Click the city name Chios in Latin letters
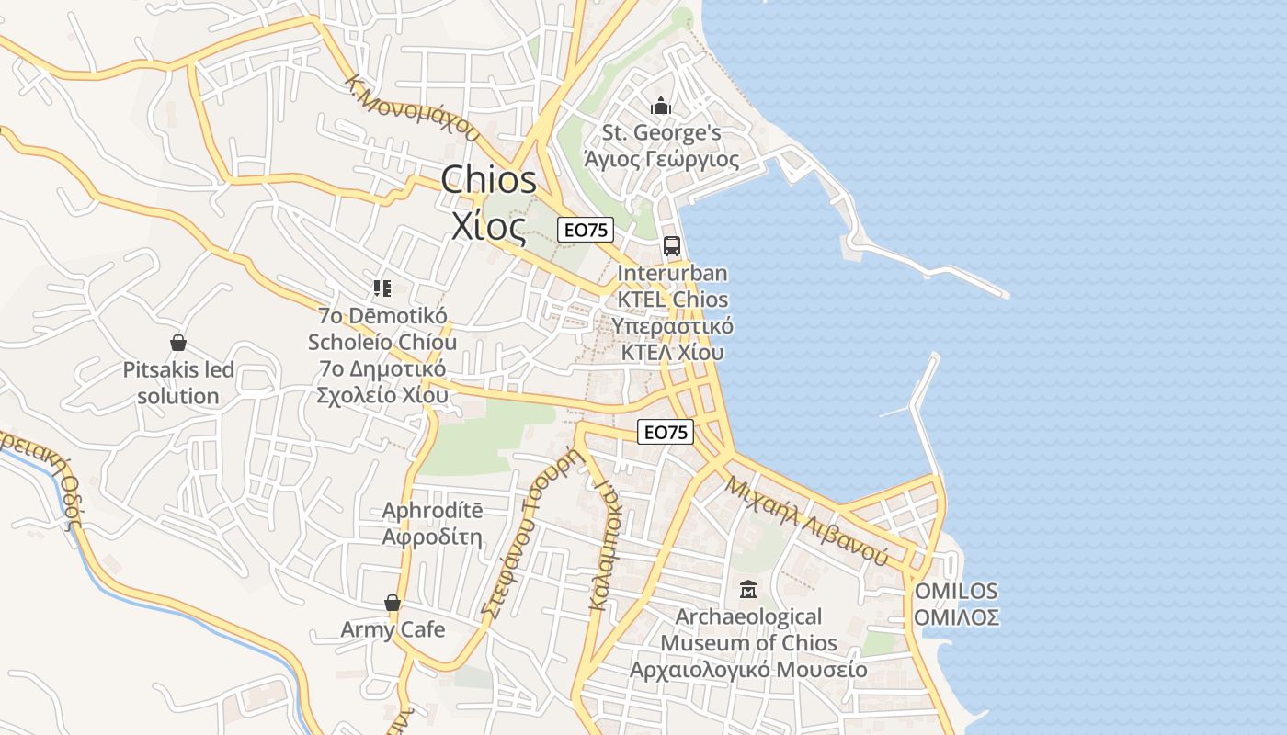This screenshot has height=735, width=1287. click(488, 180)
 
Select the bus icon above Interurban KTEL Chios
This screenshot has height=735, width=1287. click(672, 246)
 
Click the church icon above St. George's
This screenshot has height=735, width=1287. click(660, 107)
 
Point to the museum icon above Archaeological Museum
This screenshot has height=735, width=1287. click(748, 589)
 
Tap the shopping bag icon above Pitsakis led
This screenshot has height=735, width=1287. click(178, 343)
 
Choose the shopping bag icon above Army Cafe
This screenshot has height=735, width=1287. click(393, 603)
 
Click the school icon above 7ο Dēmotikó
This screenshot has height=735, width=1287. click(382, 288)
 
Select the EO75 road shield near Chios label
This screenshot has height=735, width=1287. click(586, 230)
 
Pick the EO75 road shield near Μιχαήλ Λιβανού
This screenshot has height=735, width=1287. click(666, 432)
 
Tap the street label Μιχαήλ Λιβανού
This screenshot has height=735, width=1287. click(806, 520)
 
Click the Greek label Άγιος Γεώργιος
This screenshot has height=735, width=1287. click(662, 160)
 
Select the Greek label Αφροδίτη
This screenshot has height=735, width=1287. click(432, 537)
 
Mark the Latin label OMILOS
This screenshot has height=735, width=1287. click(956, 591)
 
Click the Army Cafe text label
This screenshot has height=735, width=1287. click(393, 630)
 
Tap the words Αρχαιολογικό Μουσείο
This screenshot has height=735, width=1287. click(748, 670)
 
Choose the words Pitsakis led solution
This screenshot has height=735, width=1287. click(178, 383)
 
